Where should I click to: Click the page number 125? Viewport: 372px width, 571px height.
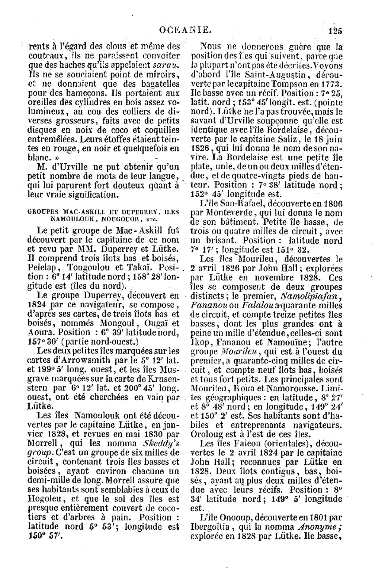(x=336, y=31)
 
